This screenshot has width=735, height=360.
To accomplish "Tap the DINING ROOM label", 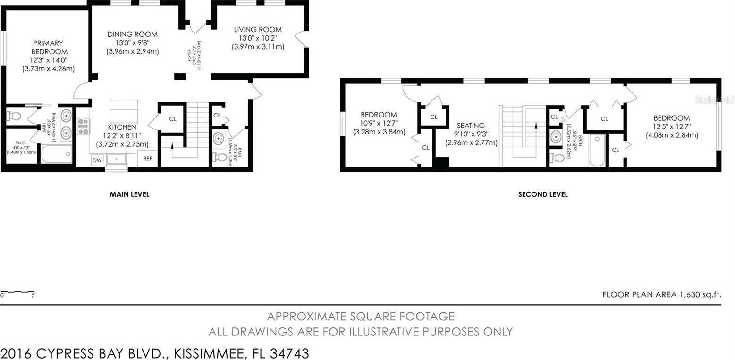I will (132, 34).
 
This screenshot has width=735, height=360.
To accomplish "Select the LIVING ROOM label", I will (258, 30).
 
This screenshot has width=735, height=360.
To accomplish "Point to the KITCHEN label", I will (122, 127).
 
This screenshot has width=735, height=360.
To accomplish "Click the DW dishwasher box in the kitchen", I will (97, 160).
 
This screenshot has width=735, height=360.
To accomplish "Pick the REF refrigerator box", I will (148, 159).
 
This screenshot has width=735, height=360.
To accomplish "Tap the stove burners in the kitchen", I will (83, 126).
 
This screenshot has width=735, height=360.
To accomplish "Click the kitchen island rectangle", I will (124, 111).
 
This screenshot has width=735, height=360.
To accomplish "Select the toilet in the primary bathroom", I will (14, 116).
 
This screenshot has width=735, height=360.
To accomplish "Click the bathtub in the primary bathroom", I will (56, 154).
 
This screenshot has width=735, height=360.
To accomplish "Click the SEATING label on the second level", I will (471, 126).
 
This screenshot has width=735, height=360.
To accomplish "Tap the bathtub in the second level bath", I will (597, 150).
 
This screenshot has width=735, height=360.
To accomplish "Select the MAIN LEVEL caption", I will (129, 194).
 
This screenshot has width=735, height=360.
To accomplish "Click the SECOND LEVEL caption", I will (542, 194).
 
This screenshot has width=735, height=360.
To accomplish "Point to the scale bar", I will (18, 293).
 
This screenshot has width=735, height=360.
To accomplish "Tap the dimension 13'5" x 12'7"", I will (671, 126).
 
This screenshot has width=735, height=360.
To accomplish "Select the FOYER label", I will (190, 56).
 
